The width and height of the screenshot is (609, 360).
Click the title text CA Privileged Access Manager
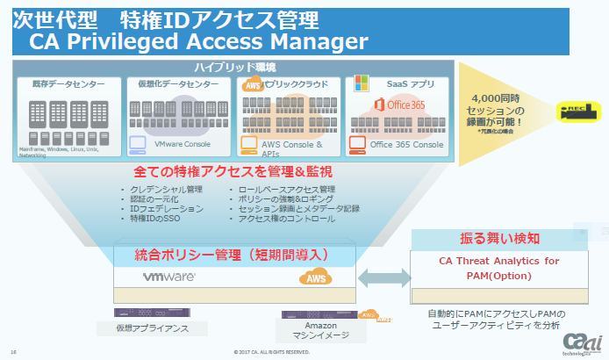197,40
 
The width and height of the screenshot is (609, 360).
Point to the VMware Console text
183,143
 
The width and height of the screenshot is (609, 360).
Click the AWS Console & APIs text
292,147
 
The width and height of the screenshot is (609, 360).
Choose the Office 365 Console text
406,144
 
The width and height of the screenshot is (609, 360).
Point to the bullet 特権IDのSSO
157,220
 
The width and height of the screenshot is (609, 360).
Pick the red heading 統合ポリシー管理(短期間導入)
232,254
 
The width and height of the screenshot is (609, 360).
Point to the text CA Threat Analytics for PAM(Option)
498,268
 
